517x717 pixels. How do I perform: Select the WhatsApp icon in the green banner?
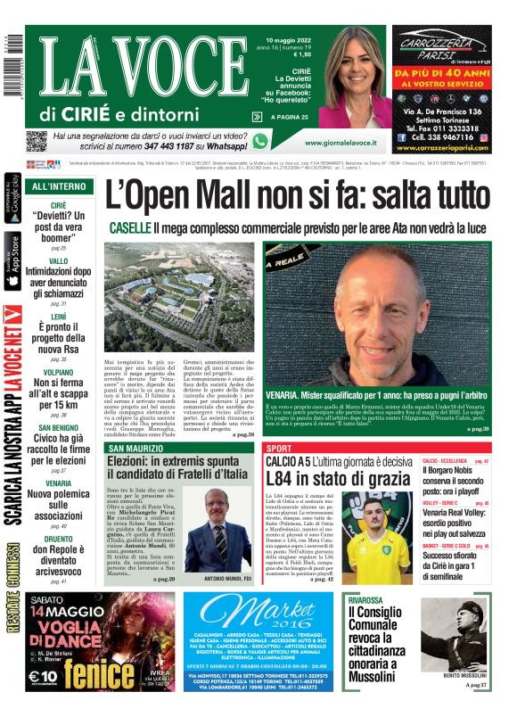(x=260, y=141)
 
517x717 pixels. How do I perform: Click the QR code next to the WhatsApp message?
(x=36, y=141)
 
